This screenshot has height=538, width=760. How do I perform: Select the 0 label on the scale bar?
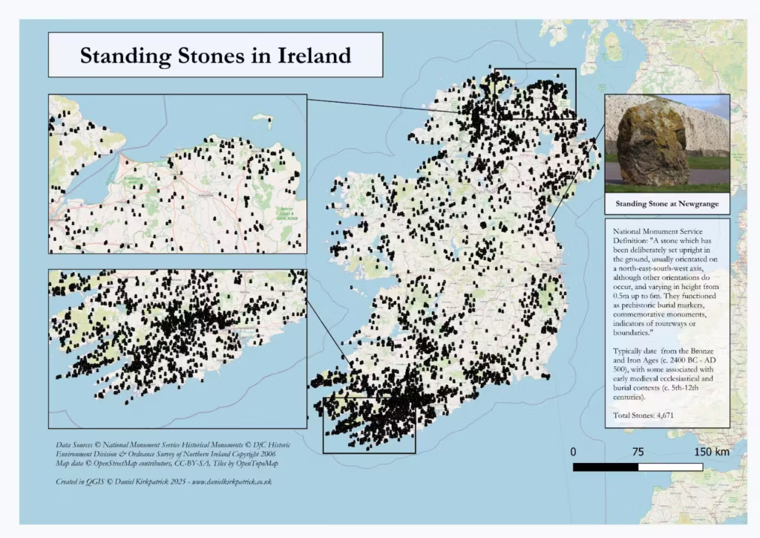point(574,452)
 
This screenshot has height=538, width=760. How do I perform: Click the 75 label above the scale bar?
point(638,452)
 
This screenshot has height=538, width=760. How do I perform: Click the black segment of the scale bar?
point(606,467)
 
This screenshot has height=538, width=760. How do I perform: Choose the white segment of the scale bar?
point(670,467)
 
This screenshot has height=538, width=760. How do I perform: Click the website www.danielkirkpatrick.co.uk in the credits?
point(232,482)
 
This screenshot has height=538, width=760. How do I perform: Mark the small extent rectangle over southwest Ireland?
point(369,425)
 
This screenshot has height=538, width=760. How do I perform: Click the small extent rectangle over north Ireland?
point(534,94)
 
